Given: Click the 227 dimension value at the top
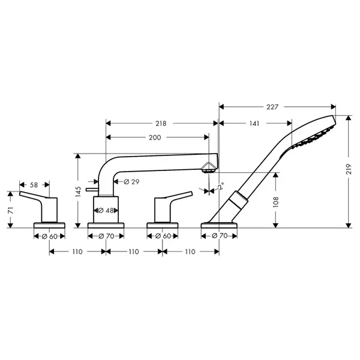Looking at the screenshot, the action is click(272, 107).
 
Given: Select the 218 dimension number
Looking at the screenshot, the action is click(161, 124).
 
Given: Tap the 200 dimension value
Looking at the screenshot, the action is click(155, 137).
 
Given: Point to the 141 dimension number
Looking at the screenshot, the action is click(254, 124).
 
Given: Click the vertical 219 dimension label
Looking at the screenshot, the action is click(349, 169).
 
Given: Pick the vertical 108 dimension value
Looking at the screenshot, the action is click(276, 202).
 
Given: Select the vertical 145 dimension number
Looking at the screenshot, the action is click(78, 192).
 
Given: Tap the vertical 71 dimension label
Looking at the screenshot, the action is click(10, 211).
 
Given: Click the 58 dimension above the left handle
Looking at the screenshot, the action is click(34, 185).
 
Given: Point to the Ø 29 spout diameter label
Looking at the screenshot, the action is click(131, 182).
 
